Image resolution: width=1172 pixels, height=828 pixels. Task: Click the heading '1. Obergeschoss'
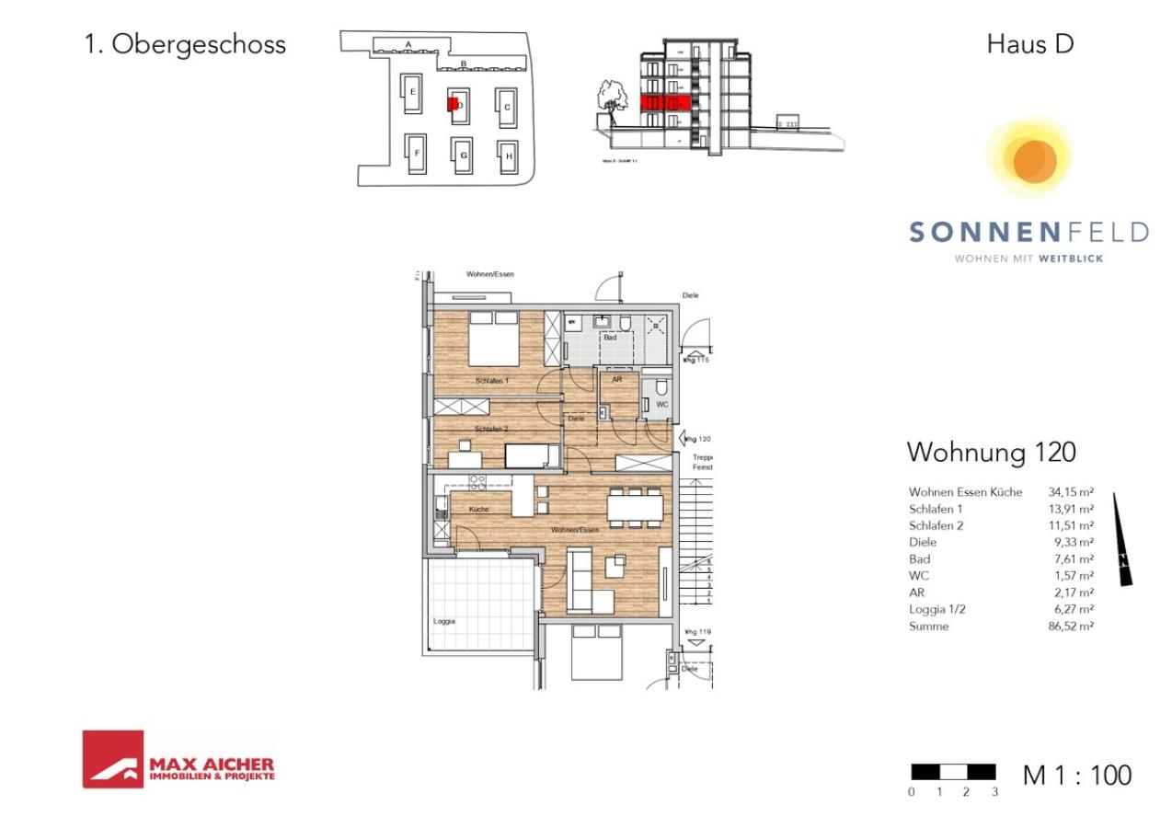click(x=185, y=44)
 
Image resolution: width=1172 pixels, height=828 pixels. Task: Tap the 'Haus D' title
click(x=1029, y=43)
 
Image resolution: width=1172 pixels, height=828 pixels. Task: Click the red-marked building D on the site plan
click(x=452, y=104)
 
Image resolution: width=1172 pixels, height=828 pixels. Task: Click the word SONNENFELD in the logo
click(x=1028, y=232)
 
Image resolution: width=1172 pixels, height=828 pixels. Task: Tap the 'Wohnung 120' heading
click(x=991, y=453)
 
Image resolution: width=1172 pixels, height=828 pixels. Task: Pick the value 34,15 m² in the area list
click(x=1071, y=492)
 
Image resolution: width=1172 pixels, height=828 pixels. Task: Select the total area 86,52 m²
click(x=1071, y=627)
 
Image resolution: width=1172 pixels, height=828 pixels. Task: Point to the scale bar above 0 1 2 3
click(x=952, y=771)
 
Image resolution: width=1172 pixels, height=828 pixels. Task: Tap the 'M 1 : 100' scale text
click(x=1077, y=776)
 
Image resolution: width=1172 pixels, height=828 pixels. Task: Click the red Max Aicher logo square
click(x=112, y=759)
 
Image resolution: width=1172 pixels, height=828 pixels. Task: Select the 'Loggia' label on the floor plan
click(x=444, y=621)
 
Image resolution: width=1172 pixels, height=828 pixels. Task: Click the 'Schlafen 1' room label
click(x=492, y=380)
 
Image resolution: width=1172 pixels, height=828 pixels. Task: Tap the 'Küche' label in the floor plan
click(x=478, y=509)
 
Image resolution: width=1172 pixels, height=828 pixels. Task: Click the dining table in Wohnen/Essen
click(x=634, y=507)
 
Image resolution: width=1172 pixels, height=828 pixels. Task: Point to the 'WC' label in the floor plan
click(x=661, y=405)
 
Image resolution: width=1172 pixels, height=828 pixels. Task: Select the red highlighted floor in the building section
click(x=664, y=101)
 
